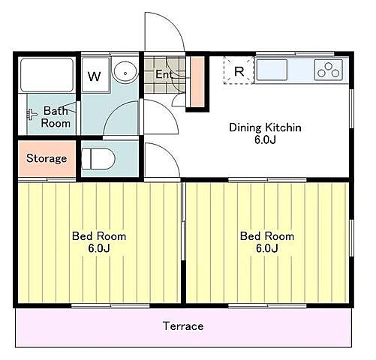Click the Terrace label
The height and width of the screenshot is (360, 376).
click(x=183, y=326)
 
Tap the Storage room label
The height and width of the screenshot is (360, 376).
click(x=47, y=158)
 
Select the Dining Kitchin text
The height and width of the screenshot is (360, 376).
click(x=265, y=127)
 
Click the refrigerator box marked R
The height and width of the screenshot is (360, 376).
click(x=239, y=70)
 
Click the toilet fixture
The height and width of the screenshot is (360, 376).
click(x=98, y=159)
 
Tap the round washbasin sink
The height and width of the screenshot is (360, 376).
click(x=125, y=71)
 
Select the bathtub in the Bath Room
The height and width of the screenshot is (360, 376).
click(x=47, y=75)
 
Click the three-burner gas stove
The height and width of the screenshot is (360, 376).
click(x=329, y=70)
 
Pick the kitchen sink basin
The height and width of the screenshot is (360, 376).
click(x=272, y=70)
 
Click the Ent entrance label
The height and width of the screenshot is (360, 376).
click(x=164, y=74)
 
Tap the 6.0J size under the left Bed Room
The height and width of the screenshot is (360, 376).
click(x=99, y=248)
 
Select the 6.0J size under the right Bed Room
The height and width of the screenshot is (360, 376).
click(x=267, y=248)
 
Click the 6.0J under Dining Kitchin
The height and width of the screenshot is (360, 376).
click(x=265, y=139)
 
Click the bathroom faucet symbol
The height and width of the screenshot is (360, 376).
click(x=32, y=115)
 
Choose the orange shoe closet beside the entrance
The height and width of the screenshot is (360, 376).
click(x=197, y=81)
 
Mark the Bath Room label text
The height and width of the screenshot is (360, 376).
click(x=56, y=117)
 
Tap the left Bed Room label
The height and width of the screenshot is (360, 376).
click(x=99, y=236)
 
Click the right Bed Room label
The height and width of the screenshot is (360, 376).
click(x=267, y=236)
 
